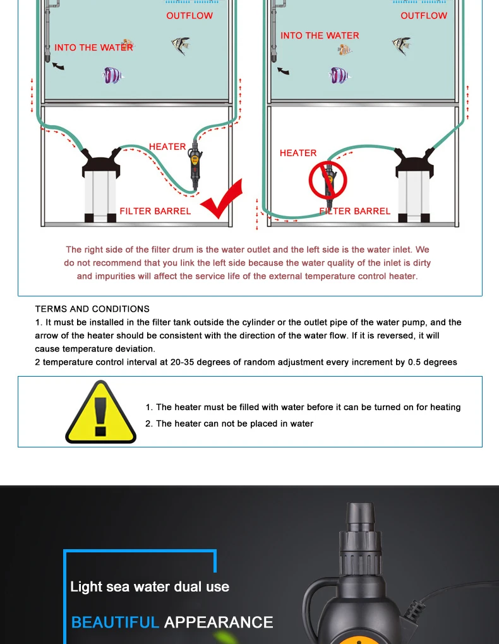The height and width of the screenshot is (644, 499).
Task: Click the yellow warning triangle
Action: click(100, 412)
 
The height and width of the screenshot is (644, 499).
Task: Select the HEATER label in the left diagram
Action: click(167, 147)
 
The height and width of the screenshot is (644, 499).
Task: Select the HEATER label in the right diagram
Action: click(298, 153)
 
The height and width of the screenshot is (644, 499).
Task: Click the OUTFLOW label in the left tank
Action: click(189, 16)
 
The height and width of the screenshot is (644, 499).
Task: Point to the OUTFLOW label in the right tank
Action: click(424, 16)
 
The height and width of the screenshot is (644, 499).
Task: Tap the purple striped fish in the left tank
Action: click(112, 76)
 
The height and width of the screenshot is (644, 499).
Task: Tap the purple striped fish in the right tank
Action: click(339, 76)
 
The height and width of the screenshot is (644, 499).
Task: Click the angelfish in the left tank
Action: click(181, 45)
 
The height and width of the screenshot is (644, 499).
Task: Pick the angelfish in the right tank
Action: click(402, 45)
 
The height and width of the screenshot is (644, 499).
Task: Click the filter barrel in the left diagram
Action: click(100, 185)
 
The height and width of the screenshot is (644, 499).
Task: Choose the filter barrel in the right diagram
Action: click(414, 185)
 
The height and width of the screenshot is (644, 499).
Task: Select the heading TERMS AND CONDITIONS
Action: click(92, 309)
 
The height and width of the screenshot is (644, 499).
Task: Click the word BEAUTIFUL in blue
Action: click(115, 623)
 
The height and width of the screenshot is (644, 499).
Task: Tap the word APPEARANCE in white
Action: click(219, 623)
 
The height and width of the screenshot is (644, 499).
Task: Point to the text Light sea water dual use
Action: click(150, 586)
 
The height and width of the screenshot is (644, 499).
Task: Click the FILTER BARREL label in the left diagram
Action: click(155, 211)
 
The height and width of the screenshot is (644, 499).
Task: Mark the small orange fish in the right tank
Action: click(344, 50)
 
